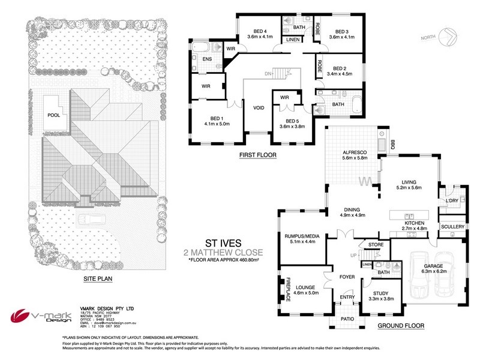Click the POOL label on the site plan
[54, 116]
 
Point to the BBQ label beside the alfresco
[393, 145]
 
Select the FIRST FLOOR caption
[256, 154]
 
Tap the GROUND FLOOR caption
[401, 326]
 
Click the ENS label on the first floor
[206, 59]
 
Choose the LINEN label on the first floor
[293, 40]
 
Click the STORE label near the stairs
[376, 244]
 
